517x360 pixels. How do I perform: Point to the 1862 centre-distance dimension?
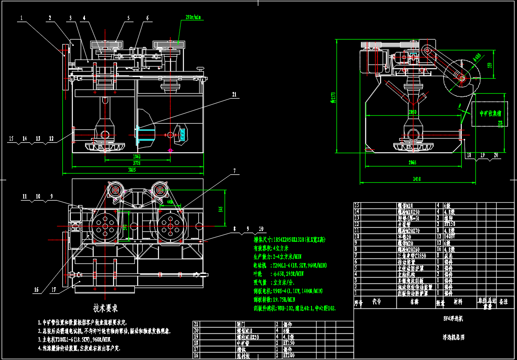[137, 156]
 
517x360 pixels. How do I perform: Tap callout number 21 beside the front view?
[234, 95]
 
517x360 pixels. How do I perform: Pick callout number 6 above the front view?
[147, 18]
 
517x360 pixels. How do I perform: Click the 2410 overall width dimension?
[417, 179]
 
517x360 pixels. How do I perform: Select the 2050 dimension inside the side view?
[412, 112]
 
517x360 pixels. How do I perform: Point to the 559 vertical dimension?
[490, 65]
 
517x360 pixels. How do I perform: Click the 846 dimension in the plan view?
[221, 209]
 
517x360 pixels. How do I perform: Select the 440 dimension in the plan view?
[170, 202]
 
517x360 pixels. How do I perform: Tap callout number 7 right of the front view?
[234, 171]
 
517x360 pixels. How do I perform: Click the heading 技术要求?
[106, 308]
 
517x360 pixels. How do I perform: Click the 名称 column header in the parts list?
[414, 302]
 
